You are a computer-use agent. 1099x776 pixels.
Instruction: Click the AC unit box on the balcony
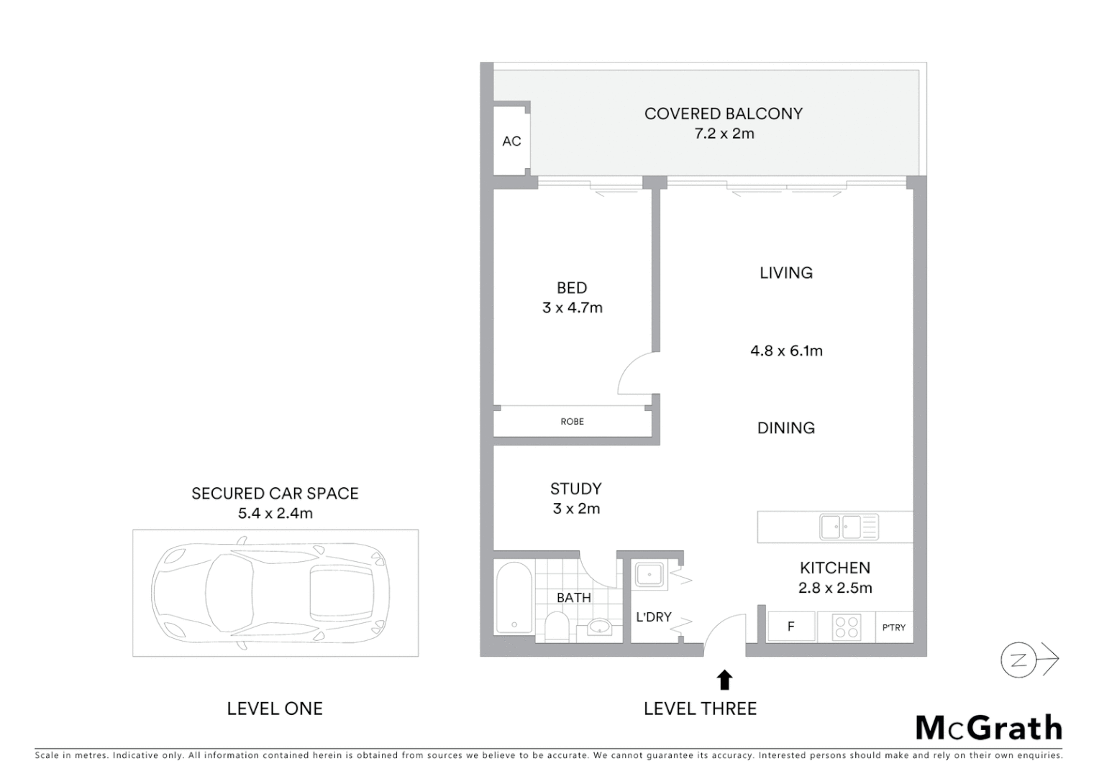(x=511, y=141)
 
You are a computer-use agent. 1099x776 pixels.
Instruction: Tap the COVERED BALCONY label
(x=723, y=114)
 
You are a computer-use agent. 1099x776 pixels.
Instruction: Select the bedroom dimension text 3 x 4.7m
(x=572, y=308)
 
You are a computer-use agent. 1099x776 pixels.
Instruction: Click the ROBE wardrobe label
(x=572, y=422)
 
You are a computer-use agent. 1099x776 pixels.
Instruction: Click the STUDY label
(x=575, y=489)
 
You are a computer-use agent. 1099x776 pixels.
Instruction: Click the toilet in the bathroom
(x=556, y=626)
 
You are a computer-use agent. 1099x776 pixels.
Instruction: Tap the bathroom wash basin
(x=599, y=627)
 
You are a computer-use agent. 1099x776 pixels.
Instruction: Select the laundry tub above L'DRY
(x=650, y=574)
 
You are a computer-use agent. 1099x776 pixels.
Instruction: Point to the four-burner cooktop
(x=847, y=627)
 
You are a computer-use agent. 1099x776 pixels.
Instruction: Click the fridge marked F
(x=790, y=627)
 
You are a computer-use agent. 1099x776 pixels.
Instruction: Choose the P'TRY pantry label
(x=893, y=627)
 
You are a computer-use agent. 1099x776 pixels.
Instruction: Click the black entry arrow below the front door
(x=724, y=680)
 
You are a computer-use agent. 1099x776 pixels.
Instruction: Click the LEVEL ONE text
(x=275, y=708)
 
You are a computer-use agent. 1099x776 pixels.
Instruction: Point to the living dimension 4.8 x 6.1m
(x=786, y=351)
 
